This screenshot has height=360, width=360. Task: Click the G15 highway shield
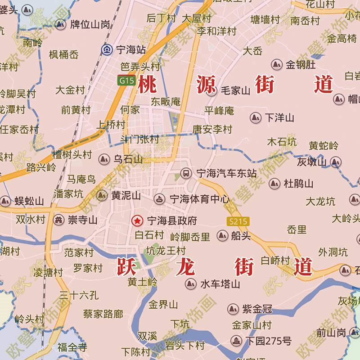(126, 81)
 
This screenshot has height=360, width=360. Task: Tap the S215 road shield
(238, 221)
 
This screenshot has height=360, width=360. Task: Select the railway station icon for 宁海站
(107, 49)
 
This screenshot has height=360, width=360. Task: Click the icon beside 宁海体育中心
(159, 199)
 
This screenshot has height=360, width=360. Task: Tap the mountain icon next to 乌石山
(104, 159)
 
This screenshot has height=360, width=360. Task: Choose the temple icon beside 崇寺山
(58, 220)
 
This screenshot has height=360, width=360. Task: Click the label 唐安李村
(212, 130)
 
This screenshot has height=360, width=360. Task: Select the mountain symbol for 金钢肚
(276, 65)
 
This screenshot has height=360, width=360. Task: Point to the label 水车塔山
(220, 284)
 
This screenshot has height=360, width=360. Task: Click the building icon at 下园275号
(236, 341)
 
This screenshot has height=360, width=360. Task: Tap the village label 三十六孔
(79, 295)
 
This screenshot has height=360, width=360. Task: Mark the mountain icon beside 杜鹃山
(274, 184)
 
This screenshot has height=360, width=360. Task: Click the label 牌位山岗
(90, 24)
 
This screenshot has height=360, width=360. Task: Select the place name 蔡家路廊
(103, 314)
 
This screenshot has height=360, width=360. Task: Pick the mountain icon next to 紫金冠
(233, 309)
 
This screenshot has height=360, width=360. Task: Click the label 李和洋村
(216, 31)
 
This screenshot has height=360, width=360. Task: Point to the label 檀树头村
(72, 155)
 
